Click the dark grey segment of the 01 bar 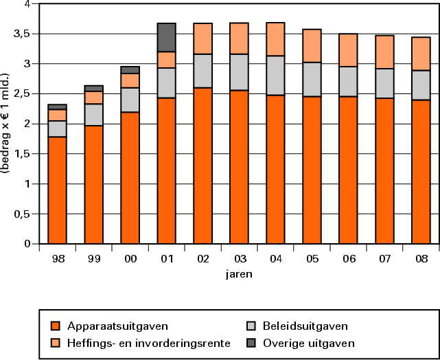166,37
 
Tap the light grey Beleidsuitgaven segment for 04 275,76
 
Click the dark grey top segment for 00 130,69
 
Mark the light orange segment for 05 312,45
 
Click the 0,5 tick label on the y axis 23,214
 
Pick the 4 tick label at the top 27,4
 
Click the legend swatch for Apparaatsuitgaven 56,326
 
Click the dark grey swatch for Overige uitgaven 252,343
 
